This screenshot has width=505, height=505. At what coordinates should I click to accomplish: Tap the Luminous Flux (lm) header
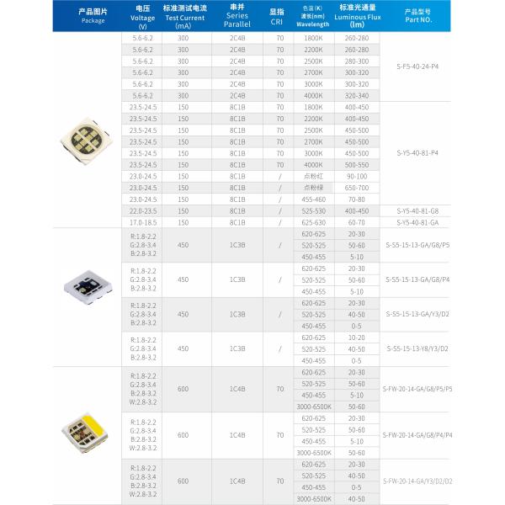point(357,18)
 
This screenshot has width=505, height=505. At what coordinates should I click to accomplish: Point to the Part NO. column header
point(417,18)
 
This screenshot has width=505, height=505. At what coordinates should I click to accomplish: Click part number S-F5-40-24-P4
point(417,66)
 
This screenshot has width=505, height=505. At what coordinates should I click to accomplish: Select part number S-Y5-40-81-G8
point(417,210)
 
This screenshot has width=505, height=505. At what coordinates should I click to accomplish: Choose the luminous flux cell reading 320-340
point(357,95)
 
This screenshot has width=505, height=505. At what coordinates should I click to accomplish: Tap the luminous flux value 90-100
point(357,177)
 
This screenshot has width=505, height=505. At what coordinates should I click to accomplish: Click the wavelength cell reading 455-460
point(312,199)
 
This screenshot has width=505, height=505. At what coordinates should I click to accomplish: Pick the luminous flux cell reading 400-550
point(357,165)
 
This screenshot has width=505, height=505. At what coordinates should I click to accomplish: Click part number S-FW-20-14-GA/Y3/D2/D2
point(417,481)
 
